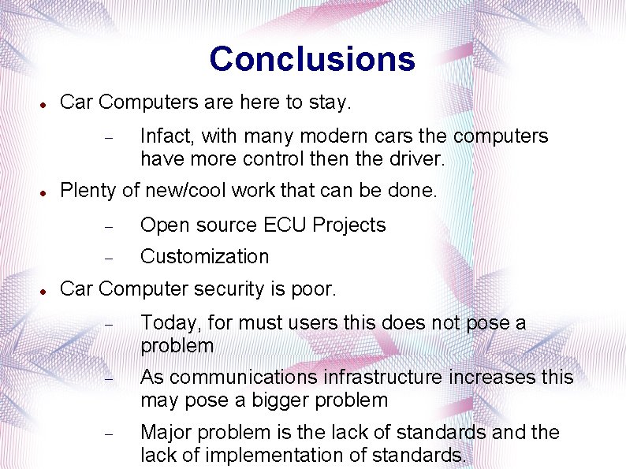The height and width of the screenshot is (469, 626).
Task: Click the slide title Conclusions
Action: pos(312,59)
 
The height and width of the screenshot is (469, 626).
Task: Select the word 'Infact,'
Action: pos(166,136)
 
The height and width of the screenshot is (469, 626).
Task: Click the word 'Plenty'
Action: pos(85,191)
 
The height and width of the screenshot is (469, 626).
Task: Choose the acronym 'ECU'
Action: pos(285,225)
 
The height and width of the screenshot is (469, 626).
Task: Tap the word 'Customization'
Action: pos(204,257)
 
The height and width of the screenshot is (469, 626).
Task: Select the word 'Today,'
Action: pos(165,323)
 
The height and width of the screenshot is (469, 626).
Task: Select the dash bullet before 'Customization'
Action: pos(110,258)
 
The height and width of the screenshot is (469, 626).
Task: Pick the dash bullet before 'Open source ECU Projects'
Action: pos(110,226)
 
